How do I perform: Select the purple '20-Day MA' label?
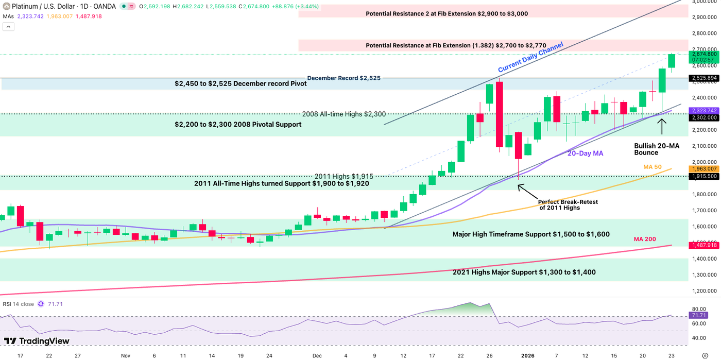(585, 153)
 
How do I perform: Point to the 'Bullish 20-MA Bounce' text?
(657, 149)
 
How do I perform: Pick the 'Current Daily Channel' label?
(530, 57)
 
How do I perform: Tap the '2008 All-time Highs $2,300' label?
(344, 114)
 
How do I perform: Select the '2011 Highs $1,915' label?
(344, 176)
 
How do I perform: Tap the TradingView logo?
(37, 341)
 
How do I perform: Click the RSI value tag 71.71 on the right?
(699, 315)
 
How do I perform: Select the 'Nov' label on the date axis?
(126, 355)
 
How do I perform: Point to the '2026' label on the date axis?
(527, 355)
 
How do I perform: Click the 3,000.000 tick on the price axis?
(703, 2)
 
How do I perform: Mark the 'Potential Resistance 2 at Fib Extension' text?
(447, 13)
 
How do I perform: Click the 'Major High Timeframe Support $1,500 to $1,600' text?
(531, 234)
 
